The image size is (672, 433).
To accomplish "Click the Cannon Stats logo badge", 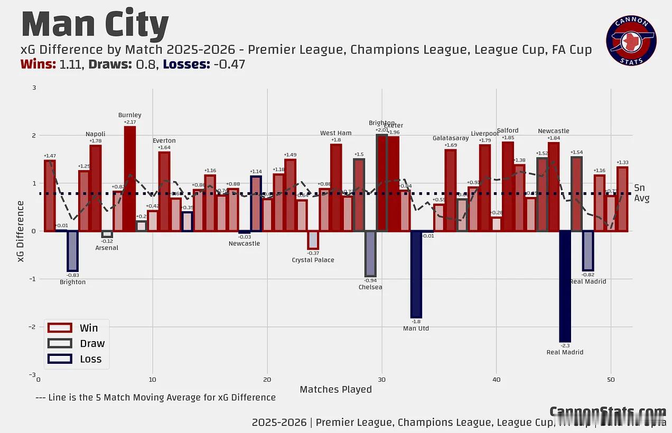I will coord(631,41).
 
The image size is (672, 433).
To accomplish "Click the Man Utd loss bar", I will coord(416,274).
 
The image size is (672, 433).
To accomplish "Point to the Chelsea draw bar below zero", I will coord(370,253).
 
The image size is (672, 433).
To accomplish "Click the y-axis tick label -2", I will coord(33,327).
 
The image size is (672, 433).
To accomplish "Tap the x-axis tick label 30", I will coord(381,380).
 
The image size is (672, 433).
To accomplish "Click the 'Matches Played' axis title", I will coord(335,390).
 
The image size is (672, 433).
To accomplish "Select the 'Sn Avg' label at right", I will coord(641,193).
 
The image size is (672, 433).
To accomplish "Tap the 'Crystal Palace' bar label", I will coord(313,260).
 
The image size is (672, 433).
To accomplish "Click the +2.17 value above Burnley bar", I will coord(129,122).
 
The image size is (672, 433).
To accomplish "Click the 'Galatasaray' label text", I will coord(450,138).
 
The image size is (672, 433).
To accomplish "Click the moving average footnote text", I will coord(155,397).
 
